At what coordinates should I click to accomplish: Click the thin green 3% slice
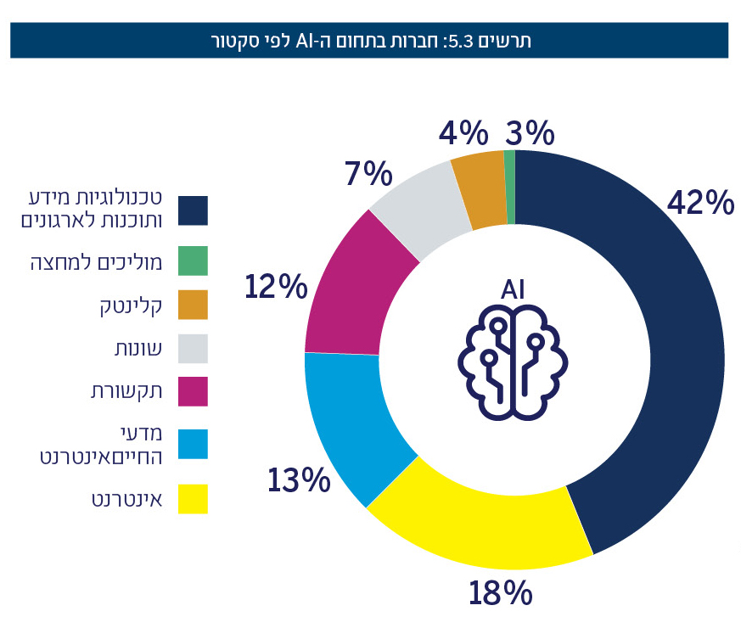509,187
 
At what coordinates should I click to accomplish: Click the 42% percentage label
699,203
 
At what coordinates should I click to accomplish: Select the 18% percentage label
500,592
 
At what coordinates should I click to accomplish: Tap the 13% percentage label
299,481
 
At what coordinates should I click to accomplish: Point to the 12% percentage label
275,287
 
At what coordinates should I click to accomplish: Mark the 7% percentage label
368,174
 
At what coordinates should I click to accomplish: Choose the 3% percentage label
530,133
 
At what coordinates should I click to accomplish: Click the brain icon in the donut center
513,362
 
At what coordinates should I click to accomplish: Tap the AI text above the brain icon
513,289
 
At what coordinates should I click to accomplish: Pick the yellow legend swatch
193,499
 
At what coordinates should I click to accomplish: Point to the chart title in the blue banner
369,40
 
